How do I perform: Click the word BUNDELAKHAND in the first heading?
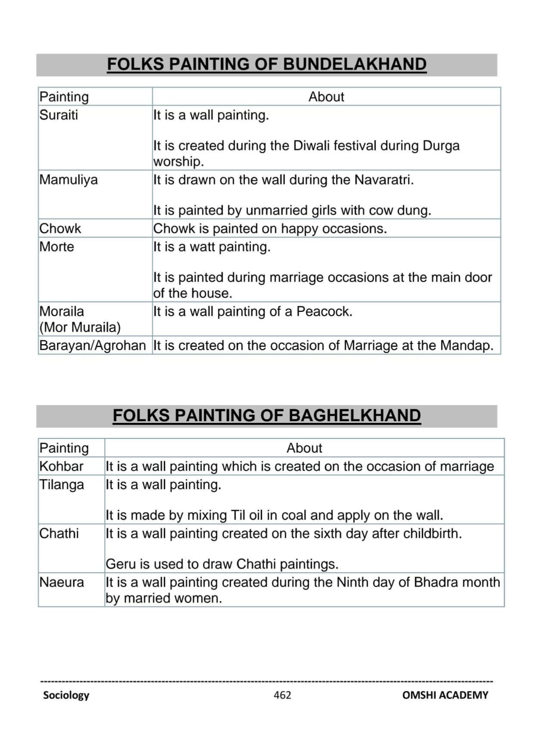(354, 65)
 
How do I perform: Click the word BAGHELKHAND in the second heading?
(354, 416)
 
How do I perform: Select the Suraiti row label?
(59, 115)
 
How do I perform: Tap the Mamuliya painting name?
(68, 180)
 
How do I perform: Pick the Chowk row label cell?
(60, 229)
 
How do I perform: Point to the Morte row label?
(56, 247)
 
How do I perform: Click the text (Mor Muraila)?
(80, 328)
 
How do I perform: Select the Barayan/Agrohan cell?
(93, 346)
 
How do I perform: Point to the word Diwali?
(311, 146)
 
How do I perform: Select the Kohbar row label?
(61, 466)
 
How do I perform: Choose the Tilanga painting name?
(62, 485)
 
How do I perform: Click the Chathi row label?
(59, 533)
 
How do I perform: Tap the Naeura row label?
(62, 582)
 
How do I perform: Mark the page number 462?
(282, 695)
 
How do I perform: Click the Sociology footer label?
(66, 695)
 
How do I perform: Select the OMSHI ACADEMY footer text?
(445, 695)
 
